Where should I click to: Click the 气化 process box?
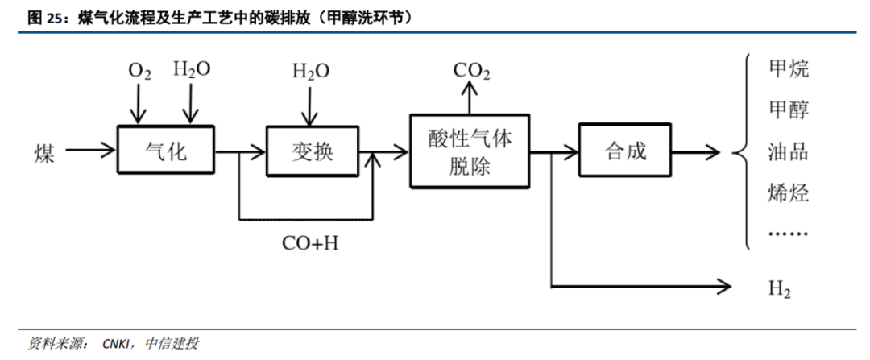coord(166,149)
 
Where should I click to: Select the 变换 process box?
coord(311,149)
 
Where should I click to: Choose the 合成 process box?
coord(626,150)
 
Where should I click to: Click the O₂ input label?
coord(139,71)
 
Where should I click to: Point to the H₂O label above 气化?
coord(192,69)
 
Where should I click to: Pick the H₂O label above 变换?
coord(310,71)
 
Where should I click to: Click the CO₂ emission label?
coord(471,70)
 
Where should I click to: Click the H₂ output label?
coord(779,289)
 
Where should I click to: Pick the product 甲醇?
coord(789,110)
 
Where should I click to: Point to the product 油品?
coord(789,151)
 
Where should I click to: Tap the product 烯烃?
coord(789,193)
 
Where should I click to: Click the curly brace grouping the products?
coord(742,151)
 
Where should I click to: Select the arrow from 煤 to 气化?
coord(89,150)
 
